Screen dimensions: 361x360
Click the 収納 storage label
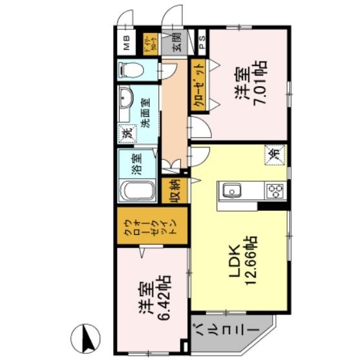pyautogui.click(x=175, y=190)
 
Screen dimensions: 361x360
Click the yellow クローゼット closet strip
pyautogui.click(x=198, y=86)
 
